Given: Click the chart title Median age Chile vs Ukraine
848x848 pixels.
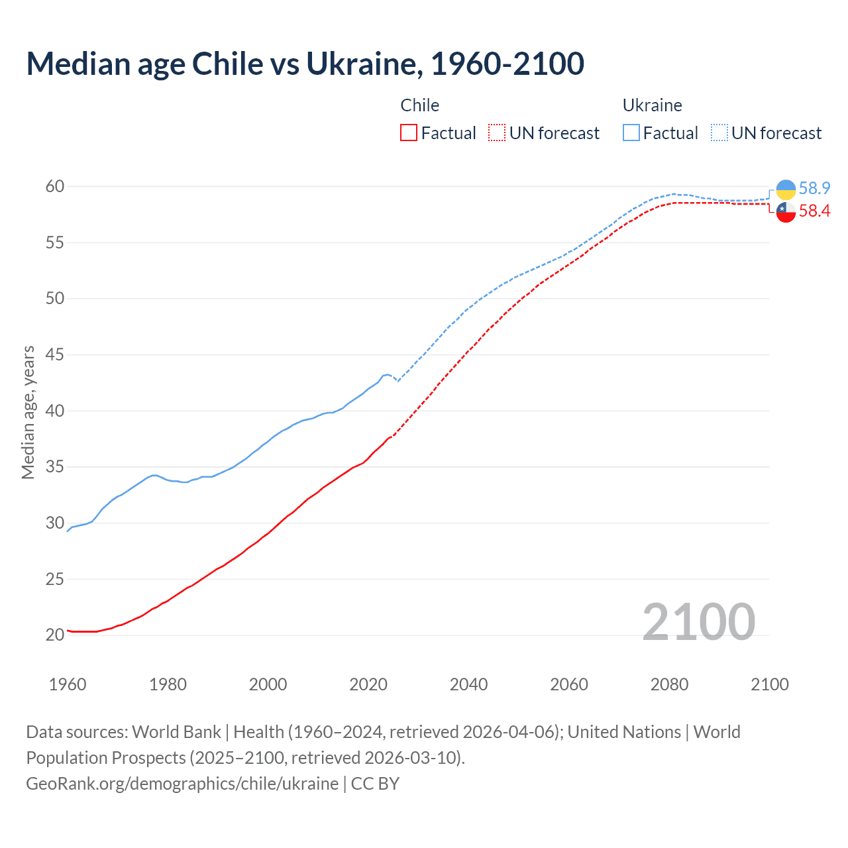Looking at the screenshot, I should (x=305, y=64).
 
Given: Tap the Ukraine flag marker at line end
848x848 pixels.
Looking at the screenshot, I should (x=786, y=189).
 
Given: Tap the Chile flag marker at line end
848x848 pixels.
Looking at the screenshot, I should (x=786, y=213).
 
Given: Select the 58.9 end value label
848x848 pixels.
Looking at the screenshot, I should (x=814, y=189).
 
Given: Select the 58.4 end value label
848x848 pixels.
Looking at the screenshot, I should (x=814, y=211).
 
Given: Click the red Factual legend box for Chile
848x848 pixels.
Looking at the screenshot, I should (x=409, y=133).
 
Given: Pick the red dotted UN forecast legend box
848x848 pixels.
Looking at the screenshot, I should (x=497, y=133).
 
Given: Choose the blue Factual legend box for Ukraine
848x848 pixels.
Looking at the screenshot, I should (x=631, y=133).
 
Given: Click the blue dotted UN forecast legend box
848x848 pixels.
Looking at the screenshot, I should (x=719, y=133).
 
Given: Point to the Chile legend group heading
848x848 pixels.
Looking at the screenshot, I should (x=419, y=105).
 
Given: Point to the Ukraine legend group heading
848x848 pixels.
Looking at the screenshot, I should (x=652, y=105).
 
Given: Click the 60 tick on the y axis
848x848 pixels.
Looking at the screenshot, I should (x=55, y=187).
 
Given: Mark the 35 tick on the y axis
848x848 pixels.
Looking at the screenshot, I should (x=55, y=467).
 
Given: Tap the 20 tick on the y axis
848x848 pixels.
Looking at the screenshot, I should (x=55, y=635).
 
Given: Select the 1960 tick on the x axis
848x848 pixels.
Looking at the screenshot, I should (x=68, y=684).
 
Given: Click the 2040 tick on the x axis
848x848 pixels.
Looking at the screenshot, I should (x=468, y=684).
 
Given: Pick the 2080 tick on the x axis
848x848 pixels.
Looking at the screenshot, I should (x=669, y=684).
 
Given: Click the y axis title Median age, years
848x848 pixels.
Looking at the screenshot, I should (x=28, y=412).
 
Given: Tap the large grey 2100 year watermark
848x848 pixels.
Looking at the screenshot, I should (x=698, y=622).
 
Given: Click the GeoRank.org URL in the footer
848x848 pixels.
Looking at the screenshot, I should (x=182, y=784).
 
